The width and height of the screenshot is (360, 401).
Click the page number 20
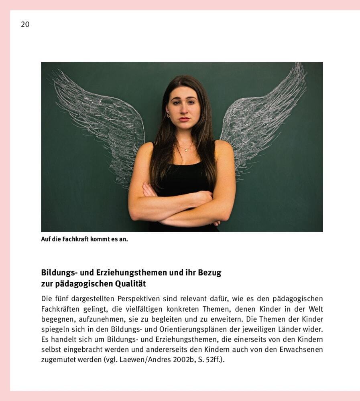(25, 24)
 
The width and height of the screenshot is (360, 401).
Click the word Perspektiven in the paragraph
(145, 299)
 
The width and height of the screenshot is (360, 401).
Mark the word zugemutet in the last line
(58, 360)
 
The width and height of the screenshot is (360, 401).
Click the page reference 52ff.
(214, 360)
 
